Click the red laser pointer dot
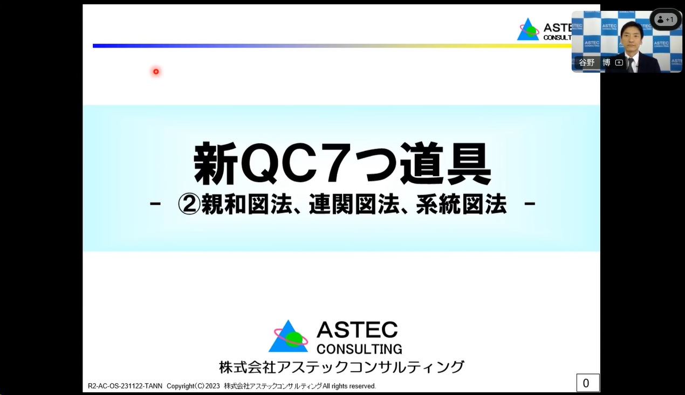click(156, 72)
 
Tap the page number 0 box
click(588, 383)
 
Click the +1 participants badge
click(666, 19)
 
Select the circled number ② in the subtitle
click(189, 204)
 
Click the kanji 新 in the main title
click(216, 163)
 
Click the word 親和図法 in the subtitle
click(247, 204)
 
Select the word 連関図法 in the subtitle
click(354, 204)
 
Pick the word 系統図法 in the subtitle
click(461, 204)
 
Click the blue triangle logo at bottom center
click(288, 336)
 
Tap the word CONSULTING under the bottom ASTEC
click(359, 349)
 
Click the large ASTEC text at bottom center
click(357, 330)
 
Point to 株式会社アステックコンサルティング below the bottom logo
click(341, 367)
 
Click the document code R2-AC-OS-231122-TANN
click(125, 386)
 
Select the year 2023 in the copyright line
click(213, 386)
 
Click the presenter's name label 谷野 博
click(594, 63)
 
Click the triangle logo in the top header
click(528, 29)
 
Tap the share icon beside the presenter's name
click(619, 63)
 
